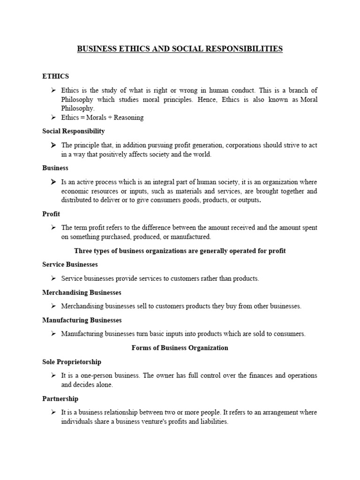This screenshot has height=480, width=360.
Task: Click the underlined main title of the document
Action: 180,49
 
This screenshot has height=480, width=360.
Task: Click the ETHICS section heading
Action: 56,76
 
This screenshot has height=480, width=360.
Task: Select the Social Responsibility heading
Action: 74,131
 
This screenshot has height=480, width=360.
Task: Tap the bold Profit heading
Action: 51,214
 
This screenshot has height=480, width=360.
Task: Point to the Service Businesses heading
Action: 70,265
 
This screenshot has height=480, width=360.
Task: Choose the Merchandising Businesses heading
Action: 82,292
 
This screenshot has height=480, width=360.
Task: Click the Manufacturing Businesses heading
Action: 82,320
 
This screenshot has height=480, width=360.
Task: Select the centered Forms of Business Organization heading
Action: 180,348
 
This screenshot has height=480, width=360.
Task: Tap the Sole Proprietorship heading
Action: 72,362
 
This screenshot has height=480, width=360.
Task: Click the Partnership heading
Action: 60,399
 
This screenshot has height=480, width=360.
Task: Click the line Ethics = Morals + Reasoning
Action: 102,118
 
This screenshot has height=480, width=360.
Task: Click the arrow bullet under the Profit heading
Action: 54,228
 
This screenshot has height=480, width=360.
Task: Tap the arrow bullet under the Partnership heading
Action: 54,412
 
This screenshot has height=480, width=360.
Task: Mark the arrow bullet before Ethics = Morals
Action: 54,118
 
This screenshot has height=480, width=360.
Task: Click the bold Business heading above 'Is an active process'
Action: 55,168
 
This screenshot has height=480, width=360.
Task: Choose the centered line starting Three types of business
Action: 180,251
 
